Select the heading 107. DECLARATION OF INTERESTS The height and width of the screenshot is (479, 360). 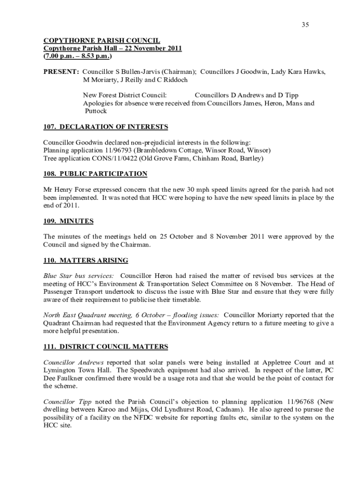click(106, 127)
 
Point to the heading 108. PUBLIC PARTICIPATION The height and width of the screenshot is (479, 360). click(95, 174)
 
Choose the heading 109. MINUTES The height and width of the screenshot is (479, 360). click(68, 221)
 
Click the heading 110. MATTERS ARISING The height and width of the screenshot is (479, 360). click(86, 261)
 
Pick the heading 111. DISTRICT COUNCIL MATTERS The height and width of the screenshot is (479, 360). click(106, 347)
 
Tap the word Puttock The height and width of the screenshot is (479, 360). click(96, 111)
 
